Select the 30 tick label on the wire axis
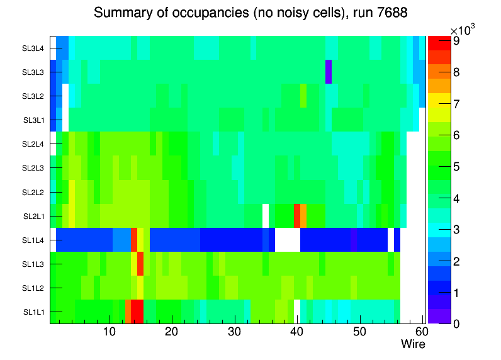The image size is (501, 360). click(x=234, y=332)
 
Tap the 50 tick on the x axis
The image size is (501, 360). click(x=359, y=332)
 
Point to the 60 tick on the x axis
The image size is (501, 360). click(x=420, y=332)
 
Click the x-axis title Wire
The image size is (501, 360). click(x=413, y=344)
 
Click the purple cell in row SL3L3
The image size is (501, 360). click(x=329, y=72)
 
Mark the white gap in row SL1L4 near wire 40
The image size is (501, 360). click(x=288, y=240)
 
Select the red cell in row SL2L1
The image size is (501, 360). click(x=297, y=216)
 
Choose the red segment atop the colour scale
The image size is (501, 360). click(x=436, y=44)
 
